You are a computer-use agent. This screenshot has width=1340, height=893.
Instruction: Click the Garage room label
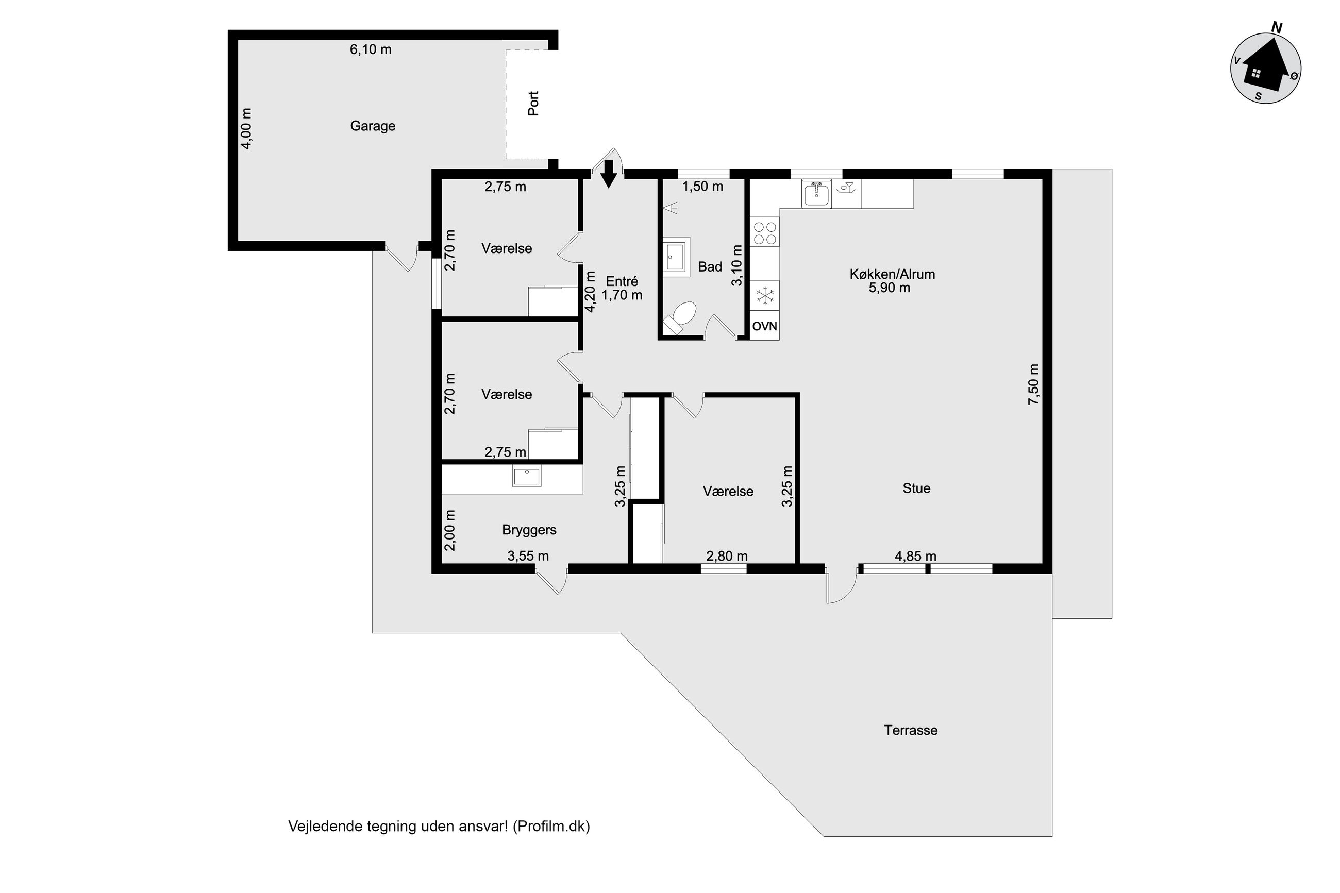click(373, 126)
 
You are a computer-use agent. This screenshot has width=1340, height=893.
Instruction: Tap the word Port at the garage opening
click(533, 103)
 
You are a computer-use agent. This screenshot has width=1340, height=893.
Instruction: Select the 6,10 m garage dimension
click(370, 49)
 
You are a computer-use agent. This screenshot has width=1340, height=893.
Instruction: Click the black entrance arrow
click(609, 174)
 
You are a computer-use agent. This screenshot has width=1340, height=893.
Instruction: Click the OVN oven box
click(764, 326)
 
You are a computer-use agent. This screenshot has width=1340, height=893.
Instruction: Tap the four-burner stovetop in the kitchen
click(765, 232)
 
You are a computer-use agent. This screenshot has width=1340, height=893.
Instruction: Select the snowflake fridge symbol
click(764, 296)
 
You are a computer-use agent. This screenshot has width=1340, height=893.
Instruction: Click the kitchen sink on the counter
click(817, 194)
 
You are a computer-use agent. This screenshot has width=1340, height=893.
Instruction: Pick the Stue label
click(916, 488)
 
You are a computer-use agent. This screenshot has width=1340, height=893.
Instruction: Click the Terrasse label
click(911, 730)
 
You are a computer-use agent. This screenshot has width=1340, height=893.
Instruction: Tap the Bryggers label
click(529, 530)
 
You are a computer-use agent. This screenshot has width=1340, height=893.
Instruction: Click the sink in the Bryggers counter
click(527, 476)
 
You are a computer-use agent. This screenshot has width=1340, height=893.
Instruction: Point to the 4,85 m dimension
click(915, 556)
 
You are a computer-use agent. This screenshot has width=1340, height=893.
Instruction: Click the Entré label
click(622, 281)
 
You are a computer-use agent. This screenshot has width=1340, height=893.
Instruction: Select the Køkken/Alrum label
click(892, 274)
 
